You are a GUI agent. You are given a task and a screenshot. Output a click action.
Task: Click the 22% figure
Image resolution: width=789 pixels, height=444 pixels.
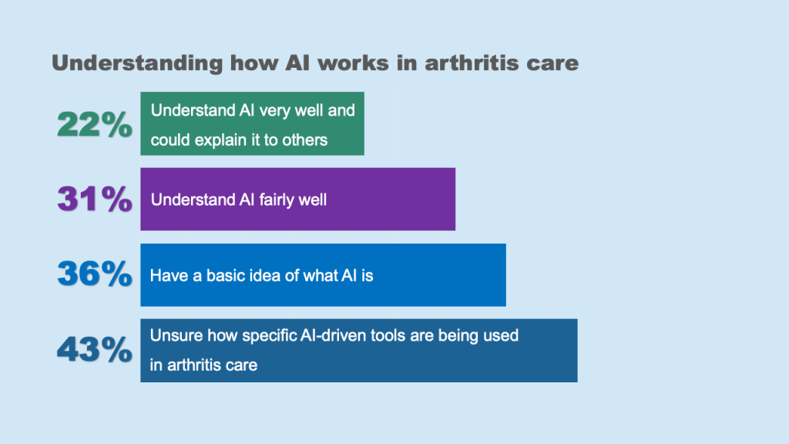pyautogui.click(x=95, y=124)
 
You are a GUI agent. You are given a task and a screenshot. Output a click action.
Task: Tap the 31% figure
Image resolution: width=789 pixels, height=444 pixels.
pyautogui.click(x=95, y=199)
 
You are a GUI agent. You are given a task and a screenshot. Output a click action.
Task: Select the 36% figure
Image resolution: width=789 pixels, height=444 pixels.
pyautogui.click(x=95, y=274)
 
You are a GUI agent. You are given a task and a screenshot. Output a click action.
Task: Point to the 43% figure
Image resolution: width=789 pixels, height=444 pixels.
pyautogui.click(x=95, y=349)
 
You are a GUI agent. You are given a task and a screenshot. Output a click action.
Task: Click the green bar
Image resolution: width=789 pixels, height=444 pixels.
pyautogui.click(x=252, y=123)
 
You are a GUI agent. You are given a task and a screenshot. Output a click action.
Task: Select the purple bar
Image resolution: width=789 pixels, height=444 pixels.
pyautogui.click(x=298, y=199)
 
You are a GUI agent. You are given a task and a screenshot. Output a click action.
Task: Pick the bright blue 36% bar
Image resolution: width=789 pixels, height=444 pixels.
pyautogui.click(x=323, y=275)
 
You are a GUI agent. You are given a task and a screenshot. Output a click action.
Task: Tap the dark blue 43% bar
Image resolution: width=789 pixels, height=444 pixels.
pyautogui.click(x=359, y=351)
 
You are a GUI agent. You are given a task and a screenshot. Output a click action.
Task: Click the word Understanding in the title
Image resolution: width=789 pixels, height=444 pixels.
pyautogui.click(x=137, y=64)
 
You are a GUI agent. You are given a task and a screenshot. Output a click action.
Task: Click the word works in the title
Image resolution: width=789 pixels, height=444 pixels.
pyautogui.click(x=353, y=63)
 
